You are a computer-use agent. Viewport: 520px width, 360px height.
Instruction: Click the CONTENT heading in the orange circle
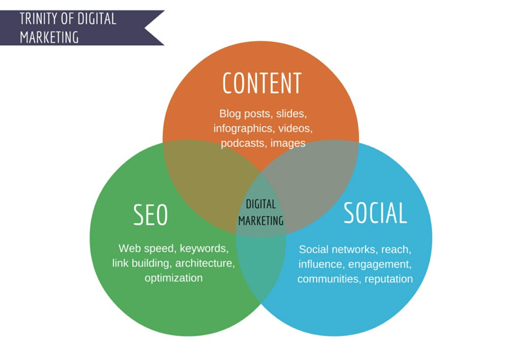click(262, 83)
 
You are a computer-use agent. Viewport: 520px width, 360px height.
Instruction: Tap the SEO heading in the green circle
click(150, 215)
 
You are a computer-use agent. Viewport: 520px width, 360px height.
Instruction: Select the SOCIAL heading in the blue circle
click(375, 213)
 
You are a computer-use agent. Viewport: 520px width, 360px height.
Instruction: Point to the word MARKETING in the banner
click(49, 37)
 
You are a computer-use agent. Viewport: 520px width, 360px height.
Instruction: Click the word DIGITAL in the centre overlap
click(261, 204)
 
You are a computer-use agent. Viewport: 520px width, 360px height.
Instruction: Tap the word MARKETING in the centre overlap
click(261, 221)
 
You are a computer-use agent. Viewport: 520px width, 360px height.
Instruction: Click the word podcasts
click(244, 143)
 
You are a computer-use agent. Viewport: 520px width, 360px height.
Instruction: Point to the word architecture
click(205, 263)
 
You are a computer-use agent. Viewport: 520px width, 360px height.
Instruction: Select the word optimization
click(173, 278)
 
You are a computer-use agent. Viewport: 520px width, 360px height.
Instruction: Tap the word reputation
click(389, 279)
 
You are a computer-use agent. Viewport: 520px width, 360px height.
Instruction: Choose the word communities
click(328, 279)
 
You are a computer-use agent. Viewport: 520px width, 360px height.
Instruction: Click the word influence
click(321, 264)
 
